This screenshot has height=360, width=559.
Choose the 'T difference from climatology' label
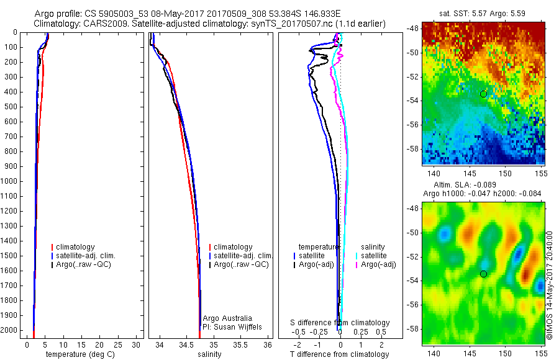point(339,354)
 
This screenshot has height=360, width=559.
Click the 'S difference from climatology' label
point(340,323)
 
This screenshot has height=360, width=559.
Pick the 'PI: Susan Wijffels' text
point(232,326)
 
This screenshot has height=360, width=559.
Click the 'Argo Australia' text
point(228,318)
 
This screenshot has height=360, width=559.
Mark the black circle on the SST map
point(483,94)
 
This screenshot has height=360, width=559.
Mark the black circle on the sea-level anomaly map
point(483,274)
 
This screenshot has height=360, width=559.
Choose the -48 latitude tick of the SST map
point(412,29)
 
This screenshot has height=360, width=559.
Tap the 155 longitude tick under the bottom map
point(540,353)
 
